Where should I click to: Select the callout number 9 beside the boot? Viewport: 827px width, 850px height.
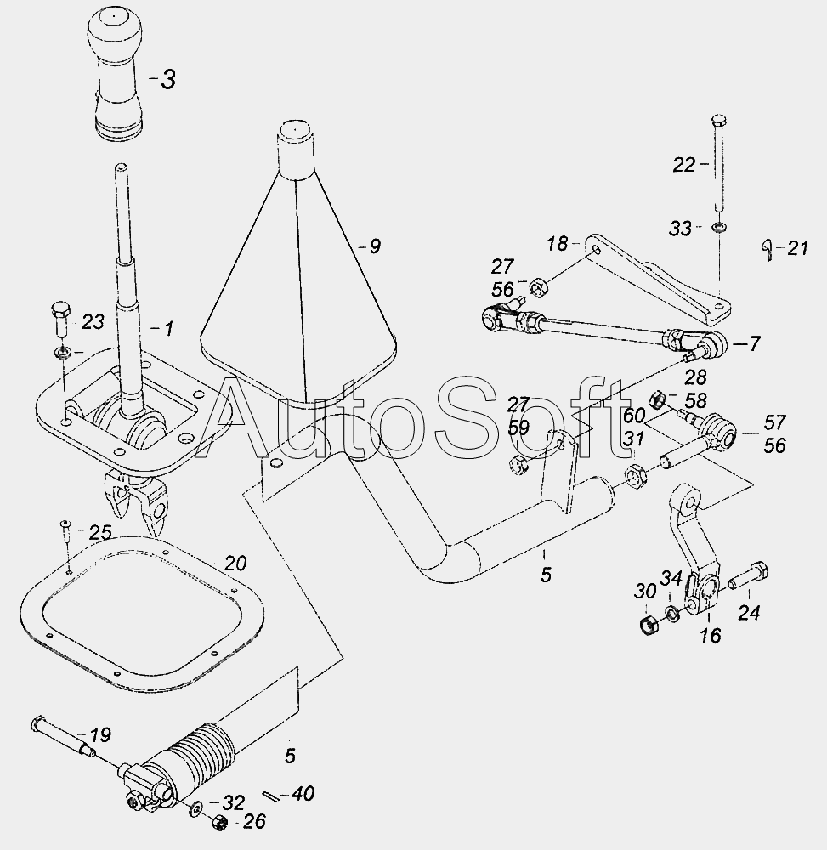click(375, 246)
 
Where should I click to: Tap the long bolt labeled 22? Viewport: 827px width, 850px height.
click(718, 163)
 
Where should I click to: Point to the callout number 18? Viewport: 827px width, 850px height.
click(557, 244)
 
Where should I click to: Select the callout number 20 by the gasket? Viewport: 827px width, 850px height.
click(235, 564)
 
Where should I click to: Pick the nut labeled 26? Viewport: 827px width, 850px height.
click(219, 823)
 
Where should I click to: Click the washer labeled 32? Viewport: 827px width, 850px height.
click(194, 810)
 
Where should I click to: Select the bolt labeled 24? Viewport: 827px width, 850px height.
click(748, 576)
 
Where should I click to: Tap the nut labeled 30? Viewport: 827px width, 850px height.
click(649, 625)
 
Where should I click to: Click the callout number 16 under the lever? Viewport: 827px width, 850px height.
click(710, 635)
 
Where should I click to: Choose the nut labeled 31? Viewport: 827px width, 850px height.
click(634, 475)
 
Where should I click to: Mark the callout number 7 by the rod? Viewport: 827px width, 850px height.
click(755, 343)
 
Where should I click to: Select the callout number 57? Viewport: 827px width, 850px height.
click(775, 422)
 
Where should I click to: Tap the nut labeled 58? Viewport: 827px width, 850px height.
click(657, 399)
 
